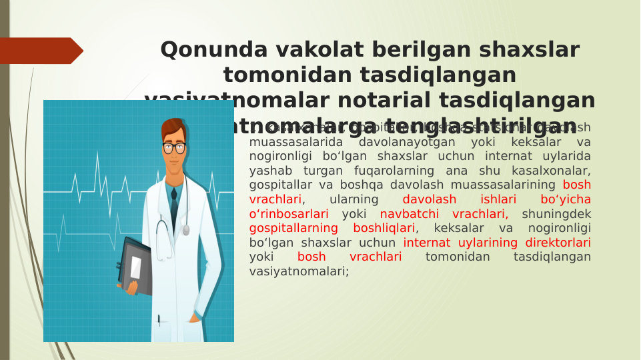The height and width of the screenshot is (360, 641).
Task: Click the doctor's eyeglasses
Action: pyautogui.click(x=174, y=147)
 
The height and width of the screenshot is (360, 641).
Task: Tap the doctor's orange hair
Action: pyautogui.click(x=173, y=127)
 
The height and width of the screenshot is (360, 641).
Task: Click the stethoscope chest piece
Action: pyautogui.click(x=186, y=230)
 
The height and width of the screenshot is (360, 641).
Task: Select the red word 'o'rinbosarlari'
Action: pyautogui.click(x=289, y=214)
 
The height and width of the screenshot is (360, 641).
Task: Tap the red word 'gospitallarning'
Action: pyautogui.click(x=293, y=228)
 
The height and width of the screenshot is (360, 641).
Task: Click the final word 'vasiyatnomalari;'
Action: pyautogui.click(x=299, y=271)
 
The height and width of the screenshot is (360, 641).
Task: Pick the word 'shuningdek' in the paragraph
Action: pyautogui.click(x=556, y=214)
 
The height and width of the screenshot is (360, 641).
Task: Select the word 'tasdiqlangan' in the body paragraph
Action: pyautogui.click(x=552, y=257)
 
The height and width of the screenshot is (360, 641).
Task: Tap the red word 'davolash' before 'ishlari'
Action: pyautogui.click(x=430, y=199)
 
